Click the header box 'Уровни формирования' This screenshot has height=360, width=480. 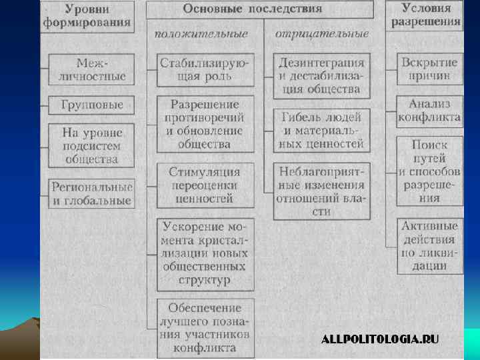click(x=87, y=16)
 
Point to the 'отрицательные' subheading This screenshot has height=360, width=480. click(x=321, y=33)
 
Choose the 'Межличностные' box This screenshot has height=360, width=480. click(x=91, y=69)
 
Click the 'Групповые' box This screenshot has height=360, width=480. click(x=91, y=105)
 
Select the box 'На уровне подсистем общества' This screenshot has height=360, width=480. click(x=91, y=145)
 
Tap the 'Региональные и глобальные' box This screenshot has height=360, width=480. click(x=91, y=193)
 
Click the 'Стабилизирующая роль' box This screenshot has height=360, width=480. click(x=205, y=69)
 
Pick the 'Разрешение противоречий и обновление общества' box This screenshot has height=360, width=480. click(x=205, y=124)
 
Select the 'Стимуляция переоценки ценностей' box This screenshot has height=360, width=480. click(x=205, y=185)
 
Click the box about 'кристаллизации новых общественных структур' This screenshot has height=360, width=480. click(x=205, y=254)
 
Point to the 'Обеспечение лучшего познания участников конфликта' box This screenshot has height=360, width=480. click(x=205, y=327)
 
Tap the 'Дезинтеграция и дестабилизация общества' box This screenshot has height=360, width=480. click(x=321, y=75)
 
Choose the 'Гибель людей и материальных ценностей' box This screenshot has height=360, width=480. click(x=321, y=130)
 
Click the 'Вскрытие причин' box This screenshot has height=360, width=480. click(x=429, y=69)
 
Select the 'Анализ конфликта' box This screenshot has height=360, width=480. click(x=429, y=111)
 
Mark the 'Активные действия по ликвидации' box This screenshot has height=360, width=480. click(x=429, y=246)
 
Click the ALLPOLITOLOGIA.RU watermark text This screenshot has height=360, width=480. click(x=380, y=339)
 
